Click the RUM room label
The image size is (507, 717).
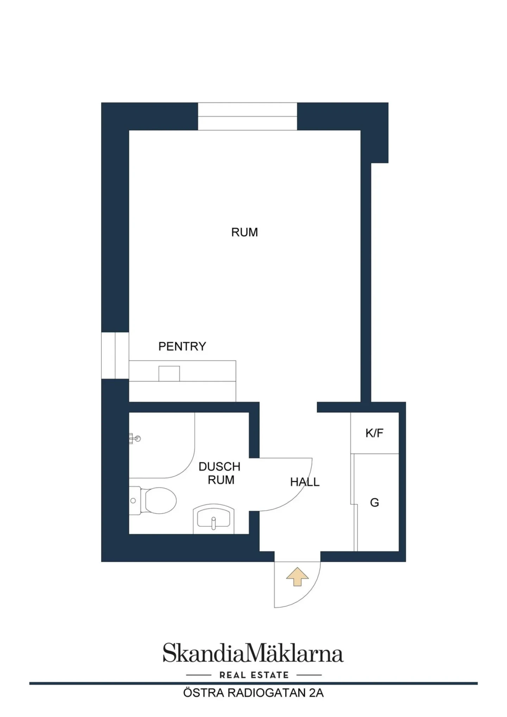(244, 232)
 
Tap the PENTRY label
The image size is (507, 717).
(182, 346)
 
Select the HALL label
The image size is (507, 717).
(305, 482)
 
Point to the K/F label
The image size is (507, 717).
(374, 433)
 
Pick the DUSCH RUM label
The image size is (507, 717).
(220, 473)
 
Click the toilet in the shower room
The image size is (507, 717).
(153, 500)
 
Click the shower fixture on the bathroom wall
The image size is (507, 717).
(135, 438)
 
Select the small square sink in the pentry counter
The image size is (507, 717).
(169, 374)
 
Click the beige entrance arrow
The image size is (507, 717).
(298, 576)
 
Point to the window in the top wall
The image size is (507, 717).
(248, 116)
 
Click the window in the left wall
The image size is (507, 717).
(115, 355)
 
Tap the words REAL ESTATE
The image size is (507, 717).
(254, 675)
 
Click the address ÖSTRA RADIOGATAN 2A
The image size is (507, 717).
(253, 693)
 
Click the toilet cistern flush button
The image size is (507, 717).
(133, 501)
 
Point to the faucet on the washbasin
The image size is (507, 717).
(213, 523)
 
